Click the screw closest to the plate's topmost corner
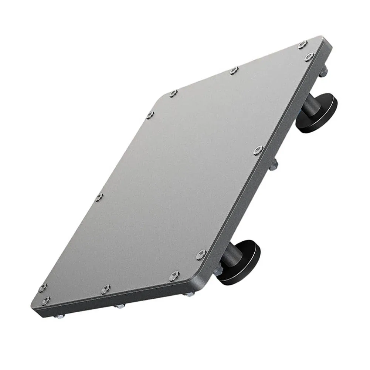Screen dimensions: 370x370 pos(302,45)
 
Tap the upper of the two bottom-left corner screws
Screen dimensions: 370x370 pos(43,288)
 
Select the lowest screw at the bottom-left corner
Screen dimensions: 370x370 pos(45,301)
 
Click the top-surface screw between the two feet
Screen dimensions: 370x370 pos(258,150)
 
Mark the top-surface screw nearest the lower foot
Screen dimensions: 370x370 pos(201,254)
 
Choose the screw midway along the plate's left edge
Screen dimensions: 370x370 pos(99,198)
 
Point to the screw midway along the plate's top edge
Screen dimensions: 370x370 pos(233,70)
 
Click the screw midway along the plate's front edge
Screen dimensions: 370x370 pos(105,289)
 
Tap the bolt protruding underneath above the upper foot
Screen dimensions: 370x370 pos(323,73)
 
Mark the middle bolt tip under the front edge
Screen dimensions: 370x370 pos(120,306)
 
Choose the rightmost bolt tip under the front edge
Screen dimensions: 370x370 pos(190,295)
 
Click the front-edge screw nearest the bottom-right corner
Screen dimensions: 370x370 pos(174,276)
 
